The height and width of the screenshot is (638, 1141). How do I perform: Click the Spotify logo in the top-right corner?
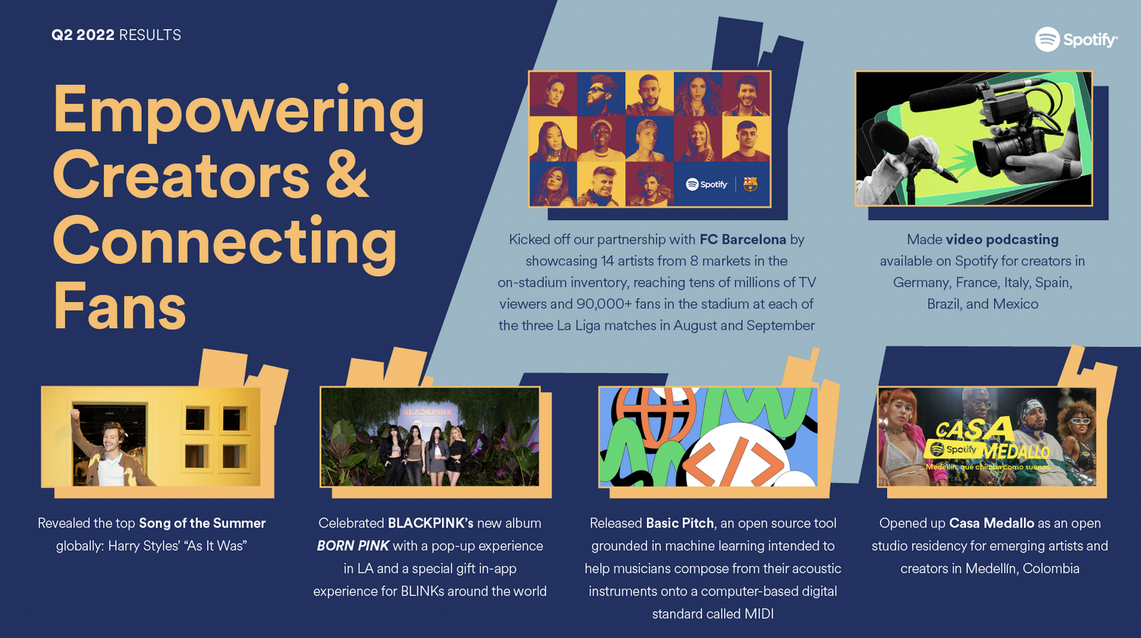tap(1076, 39)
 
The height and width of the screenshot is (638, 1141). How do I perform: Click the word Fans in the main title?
tap(120, 305)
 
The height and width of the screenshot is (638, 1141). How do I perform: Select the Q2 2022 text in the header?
tap(83, 34)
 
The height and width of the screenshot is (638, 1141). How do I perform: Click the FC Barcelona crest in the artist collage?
tap(749, 184)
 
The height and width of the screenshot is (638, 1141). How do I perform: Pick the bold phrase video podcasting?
tap(1002, 239)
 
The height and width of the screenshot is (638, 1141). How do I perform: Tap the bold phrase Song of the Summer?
tap(202, 523)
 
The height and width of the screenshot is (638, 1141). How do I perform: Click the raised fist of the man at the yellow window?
tap(75, 413)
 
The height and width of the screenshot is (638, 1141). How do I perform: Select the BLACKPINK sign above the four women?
tap(428, 412)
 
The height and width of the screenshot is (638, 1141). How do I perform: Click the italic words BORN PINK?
tap(353, 545)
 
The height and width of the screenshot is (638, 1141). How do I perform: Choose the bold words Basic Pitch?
tap(680, 523)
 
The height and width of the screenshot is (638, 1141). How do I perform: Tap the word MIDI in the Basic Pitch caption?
tap(759, 614)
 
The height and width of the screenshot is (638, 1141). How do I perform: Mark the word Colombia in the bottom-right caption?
tap(1051, 568)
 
